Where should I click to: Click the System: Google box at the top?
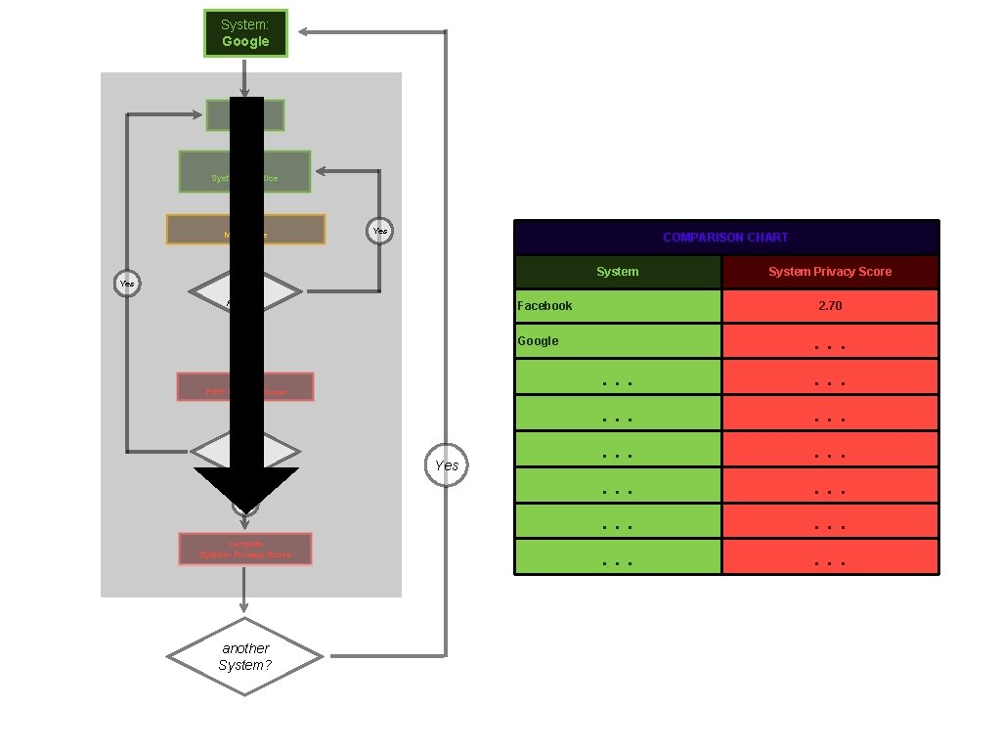(x=245, y=33)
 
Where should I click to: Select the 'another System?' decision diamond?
(x=245, y=656)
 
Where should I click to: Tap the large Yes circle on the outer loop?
(x=446, y=464)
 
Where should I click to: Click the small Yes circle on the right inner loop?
(x=380, y=231)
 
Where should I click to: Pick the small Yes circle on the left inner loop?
(x=127, y=283)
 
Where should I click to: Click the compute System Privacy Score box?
(x=245, y=549)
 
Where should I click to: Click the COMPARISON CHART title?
(x=725, y=238)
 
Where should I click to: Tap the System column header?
(x=618, y=272)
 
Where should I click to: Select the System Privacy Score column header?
(x=830, y=272)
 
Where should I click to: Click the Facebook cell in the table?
(x=618, y=306)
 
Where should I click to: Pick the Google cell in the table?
(x=618, y=341)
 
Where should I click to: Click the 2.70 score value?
(x=830, y=306)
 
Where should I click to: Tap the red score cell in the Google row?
(x=830, y=342)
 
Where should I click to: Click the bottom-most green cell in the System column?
(x=618, y=557)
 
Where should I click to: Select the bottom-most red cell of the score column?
(x=830, y=557)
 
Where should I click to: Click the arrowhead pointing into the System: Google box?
(x=304, y=32)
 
